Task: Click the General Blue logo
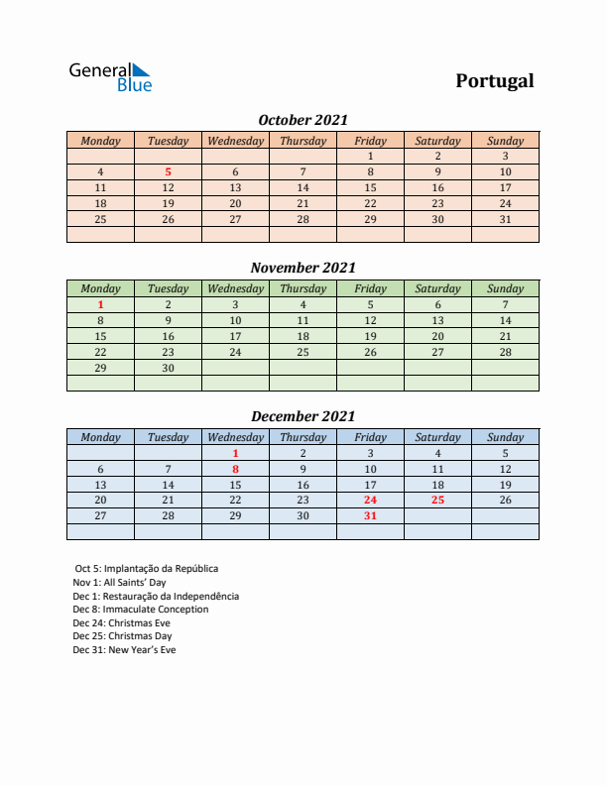click(x=110, y=76)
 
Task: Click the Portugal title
click(x=494, y=81)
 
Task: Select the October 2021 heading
click(x=303, y=120)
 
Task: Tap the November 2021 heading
click(x=303, y=268)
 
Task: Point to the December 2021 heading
click(x=303, y=416)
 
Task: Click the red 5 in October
click(x=168, y=171)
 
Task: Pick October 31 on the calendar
click(x=505, y=219)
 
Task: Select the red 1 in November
click(x=100, y=304)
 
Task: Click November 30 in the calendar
click(x=168, y=368)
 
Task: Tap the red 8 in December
click(x=235, y=469)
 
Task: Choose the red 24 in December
click(x=370, y=501)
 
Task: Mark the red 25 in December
click(x=437, y=501)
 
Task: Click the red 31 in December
click(x=370, y=516)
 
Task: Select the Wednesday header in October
click(x=235, y=141)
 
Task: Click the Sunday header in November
click(x=505, y=288)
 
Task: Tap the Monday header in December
click(x=100, y=437)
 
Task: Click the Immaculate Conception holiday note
click(x=140, y=610)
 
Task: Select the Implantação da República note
click(x=146, y=569)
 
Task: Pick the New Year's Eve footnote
click(x=124, y=650)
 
